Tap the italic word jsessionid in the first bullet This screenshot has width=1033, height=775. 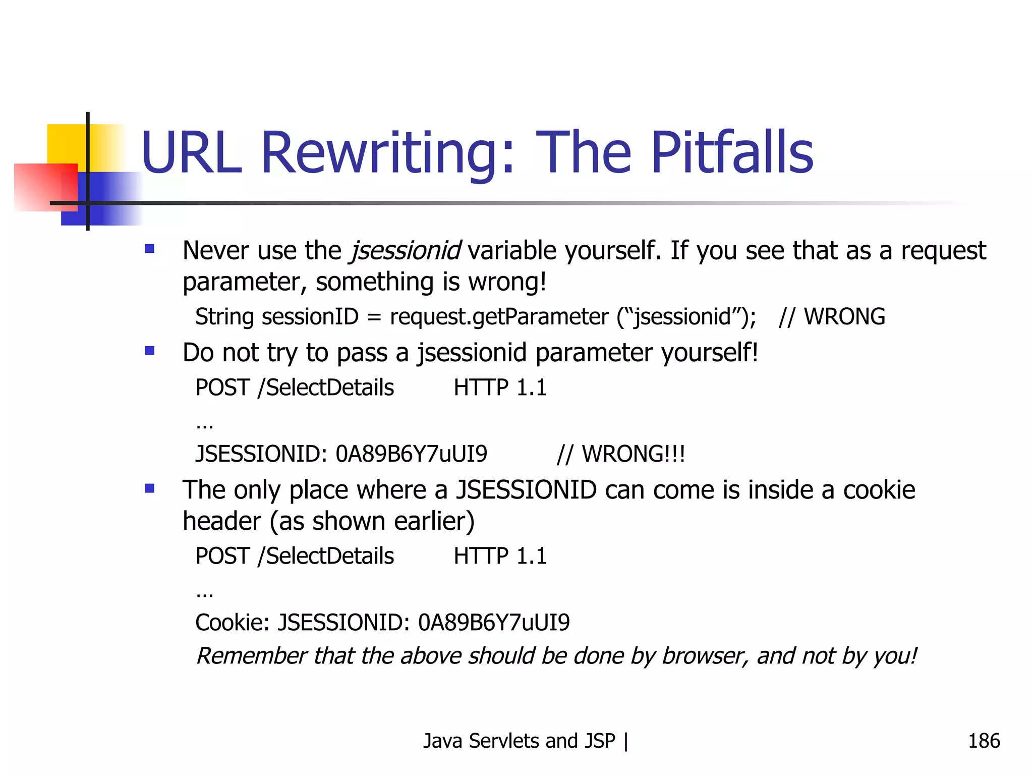405,251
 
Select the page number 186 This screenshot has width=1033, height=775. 984,741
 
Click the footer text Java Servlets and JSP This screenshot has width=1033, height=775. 519,741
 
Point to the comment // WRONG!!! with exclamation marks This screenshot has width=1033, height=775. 621,454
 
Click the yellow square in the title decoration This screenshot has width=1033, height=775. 66,144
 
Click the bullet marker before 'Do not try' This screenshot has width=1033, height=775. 150,351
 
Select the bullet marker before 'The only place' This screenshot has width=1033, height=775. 150,488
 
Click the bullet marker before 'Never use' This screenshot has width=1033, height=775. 150,249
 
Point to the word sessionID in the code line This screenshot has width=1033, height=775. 310,317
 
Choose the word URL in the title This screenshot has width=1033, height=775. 192,152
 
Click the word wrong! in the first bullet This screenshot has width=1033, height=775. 507,282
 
